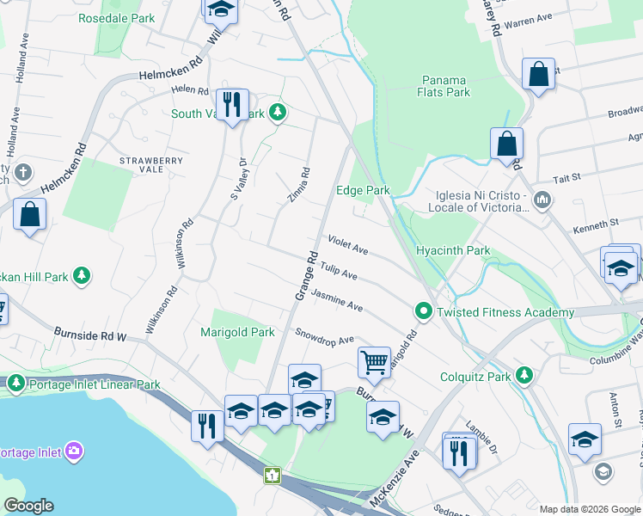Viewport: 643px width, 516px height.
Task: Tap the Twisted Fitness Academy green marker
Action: (x=423, y=311)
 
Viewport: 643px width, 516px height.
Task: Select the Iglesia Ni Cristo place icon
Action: (x=542, y=201)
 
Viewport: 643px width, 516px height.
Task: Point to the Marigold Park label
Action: (x=237, y=332)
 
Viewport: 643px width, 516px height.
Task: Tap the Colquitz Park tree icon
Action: (x=524, y=375)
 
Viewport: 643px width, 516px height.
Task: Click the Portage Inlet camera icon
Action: (x=74, y=451)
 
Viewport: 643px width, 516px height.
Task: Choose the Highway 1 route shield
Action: (x=273, y=475)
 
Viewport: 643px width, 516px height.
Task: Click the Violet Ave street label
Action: (x=346, y=245)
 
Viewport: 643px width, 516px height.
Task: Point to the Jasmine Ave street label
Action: (x=337, y=300)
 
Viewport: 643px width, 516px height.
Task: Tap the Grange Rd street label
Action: (x=307, y=275)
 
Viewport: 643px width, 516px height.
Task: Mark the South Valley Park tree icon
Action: (x=278, y=113)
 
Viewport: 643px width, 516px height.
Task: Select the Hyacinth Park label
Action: (x=452, y=250)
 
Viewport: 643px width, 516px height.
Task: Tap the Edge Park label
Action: (x=363, y=190)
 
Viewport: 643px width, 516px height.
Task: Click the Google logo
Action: (x=28, y=506)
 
